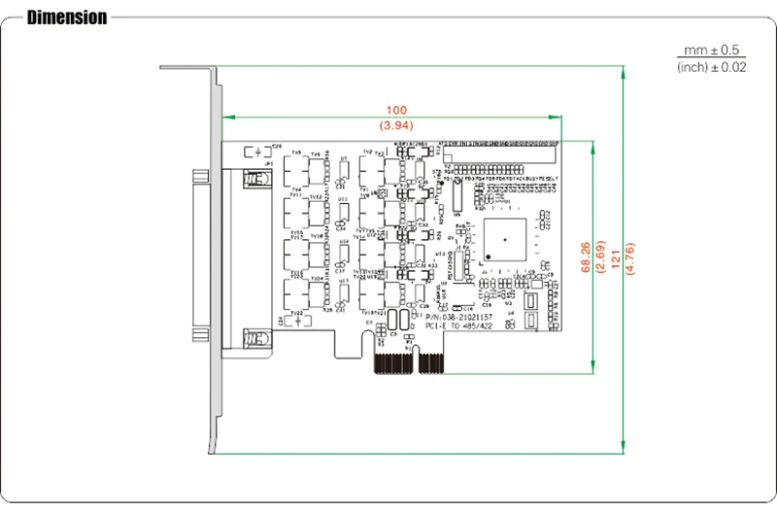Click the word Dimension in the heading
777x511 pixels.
pyautogui.click(x=67, y=17)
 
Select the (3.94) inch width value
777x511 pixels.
pyautogui.click(x=396, y=126)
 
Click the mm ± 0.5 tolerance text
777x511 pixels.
pyautogui.click(x=711, y=50)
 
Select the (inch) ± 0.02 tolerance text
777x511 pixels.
pyautogui.click(x=711, y=67)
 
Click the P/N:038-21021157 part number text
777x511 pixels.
pyautogui.click(x=459, y=317)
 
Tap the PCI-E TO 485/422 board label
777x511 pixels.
pyautogui.click(x=459, y=327)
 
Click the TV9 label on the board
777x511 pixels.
pyautogui.click(x=296, y=153)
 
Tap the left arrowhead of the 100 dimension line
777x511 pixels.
pyautogui.click(x=226, y=118)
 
